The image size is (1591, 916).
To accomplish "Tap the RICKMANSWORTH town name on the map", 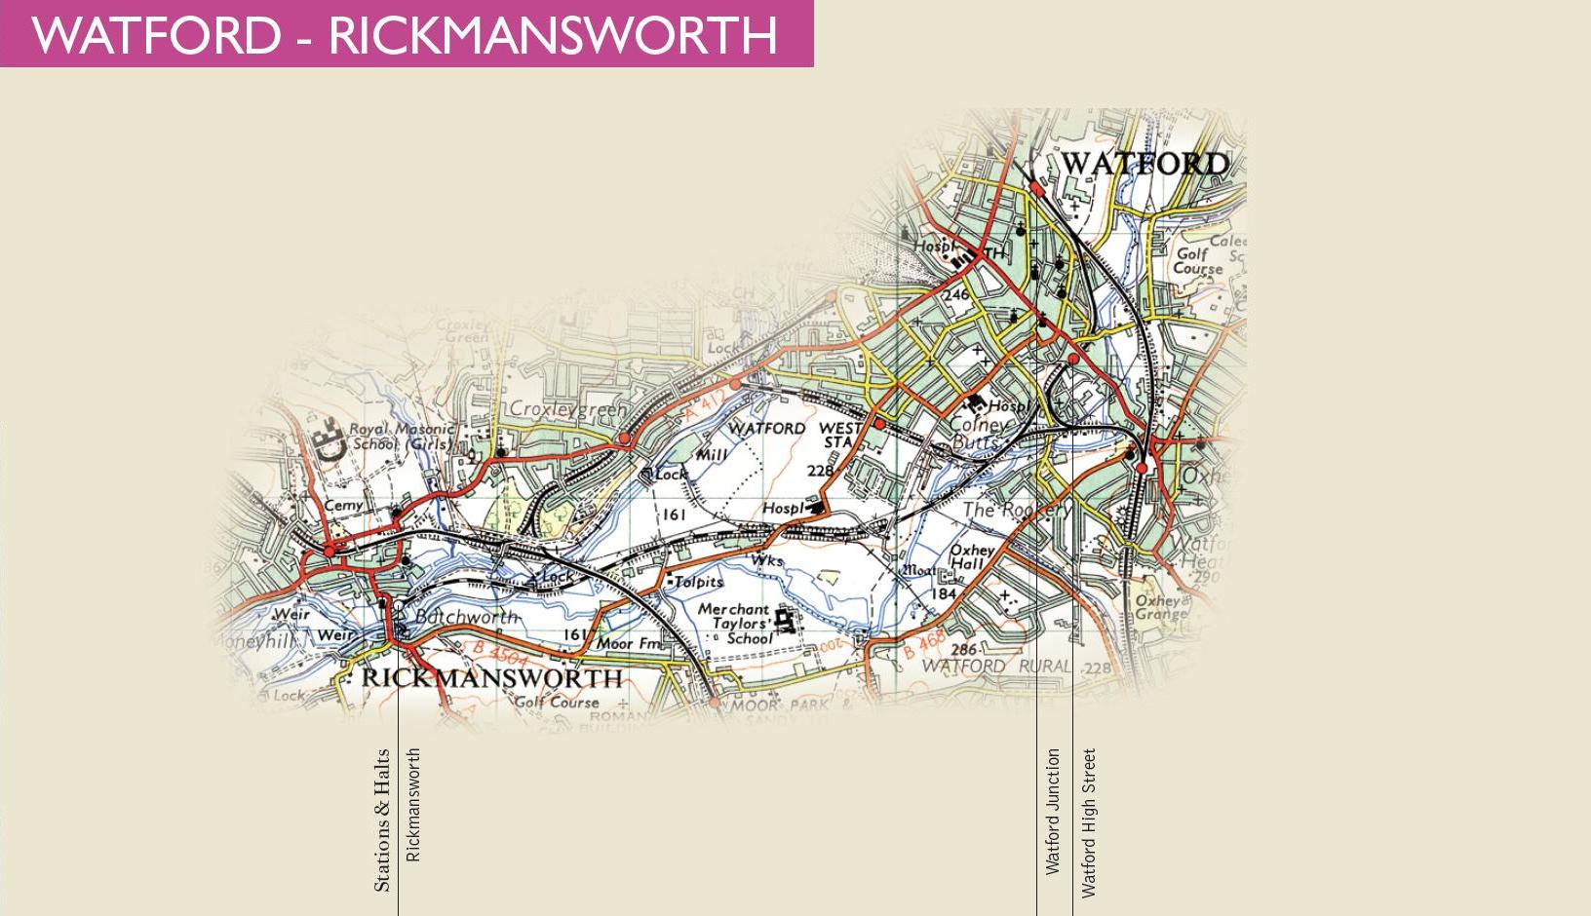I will (492, 678).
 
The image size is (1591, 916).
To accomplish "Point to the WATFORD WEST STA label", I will (794, 435).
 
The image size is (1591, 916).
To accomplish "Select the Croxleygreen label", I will (569, 410).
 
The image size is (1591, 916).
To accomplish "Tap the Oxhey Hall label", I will (971, 556).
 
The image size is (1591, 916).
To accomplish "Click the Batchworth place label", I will (466, 617).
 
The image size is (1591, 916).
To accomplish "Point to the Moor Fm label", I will (629, 643).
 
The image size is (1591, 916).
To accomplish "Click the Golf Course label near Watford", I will (1197, 260).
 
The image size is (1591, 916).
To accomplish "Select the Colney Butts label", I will (979, 434).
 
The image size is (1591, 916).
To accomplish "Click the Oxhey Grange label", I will (1161, 607).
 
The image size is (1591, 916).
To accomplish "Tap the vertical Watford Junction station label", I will (1052, 811).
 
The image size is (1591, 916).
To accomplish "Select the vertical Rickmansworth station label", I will (412, 804).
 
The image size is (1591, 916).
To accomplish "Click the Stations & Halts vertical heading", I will (381, 820).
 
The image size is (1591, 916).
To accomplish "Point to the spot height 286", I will (963, 650).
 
